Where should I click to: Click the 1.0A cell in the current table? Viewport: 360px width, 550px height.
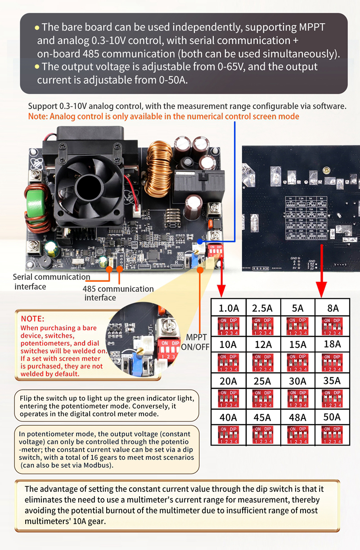[229, 308]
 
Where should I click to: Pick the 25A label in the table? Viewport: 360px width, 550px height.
[263, 381]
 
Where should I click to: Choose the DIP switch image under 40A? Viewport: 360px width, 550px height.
[229, 434]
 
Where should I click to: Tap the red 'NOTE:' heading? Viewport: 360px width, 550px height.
[32, 318]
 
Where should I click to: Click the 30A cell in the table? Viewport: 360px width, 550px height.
[297, 381]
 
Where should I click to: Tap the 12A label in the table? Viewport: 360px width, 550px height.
[263, 344]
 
